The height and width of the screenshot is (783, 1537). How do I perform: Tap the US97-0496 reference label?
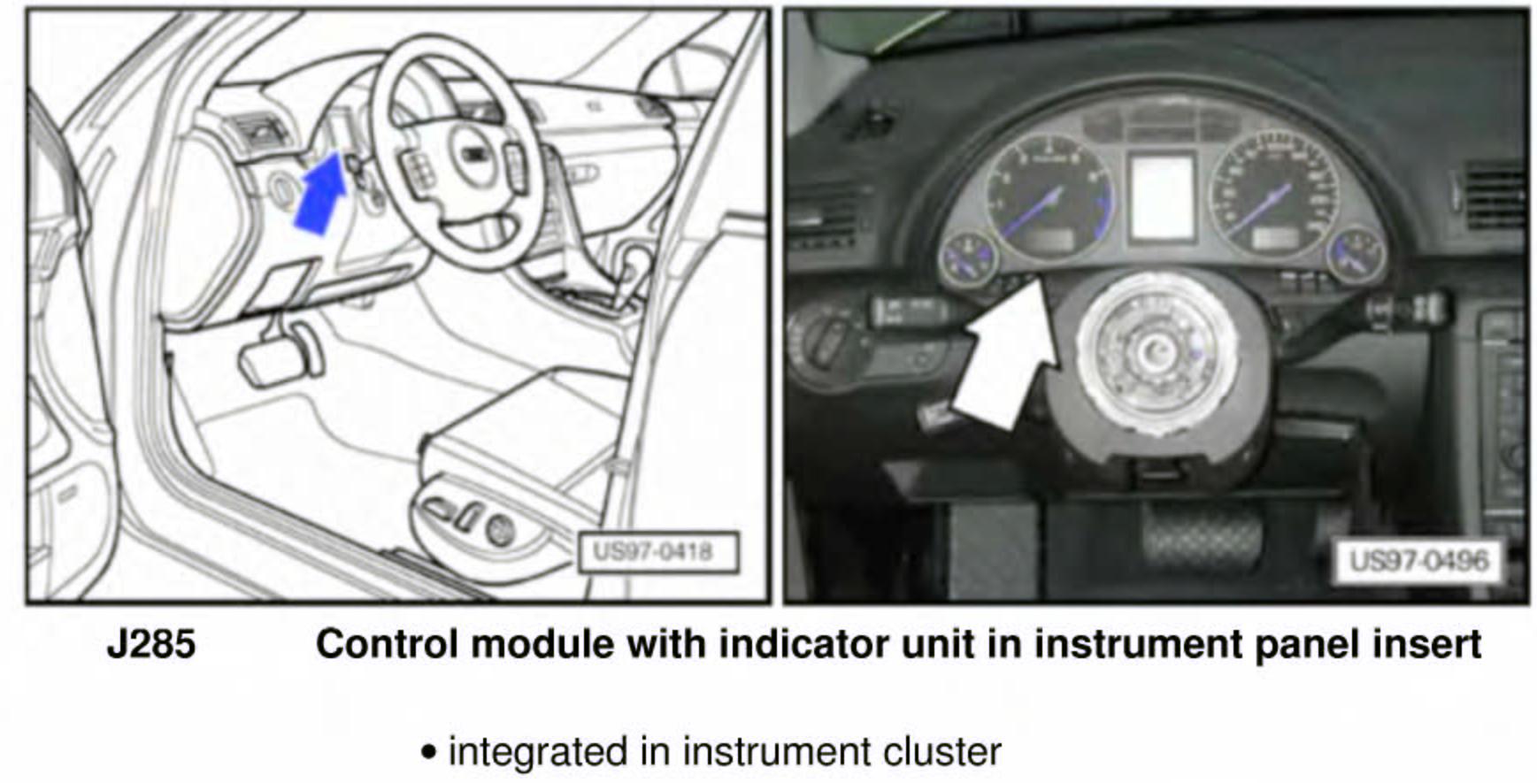coord(1418,561)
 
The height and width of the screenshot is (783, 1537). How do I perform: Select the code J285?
coord(151,644)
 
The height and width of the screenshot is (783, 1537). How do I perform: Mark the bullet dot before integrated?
coord(429,753)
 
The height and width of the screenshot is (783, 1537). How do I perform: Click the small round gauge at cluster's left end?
coord(968,257)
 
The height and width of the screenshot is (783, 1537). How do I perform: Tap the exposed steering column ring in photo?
coord(1155,355)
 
